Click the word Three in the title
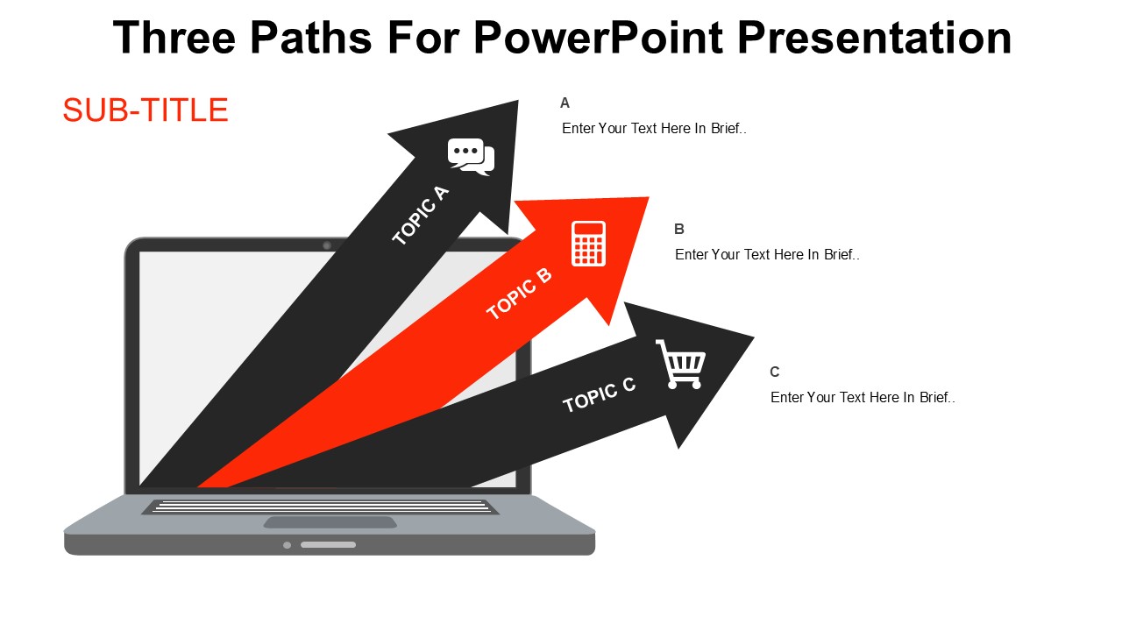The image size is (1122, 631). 174,38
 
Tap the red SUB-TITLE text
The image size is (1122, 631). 146,110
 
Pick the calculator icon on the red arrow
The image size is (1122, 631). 588,243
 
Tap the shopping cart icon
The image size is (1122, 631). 681,364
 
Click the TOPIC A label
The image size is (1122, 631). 420,216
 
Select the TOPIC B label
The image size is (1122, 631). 519,294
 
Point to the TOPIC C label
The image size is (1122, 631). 600,394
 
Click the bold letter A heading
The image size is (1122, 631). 565,103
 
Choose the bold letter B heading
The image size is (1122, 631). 679,229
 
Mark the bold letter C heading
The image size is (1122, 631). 775,372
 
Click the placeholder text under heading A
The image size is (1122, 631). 654,128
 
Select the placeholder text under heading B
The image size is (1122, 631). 767,254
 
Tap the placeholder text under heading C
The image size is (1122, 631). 863,397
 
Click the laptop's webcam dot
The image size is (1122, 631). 327,245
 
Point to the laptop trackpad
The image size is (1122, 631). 330,522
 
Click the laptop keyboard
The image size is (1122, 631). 321,507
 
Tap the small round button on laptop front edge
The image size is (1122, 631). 287,545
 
